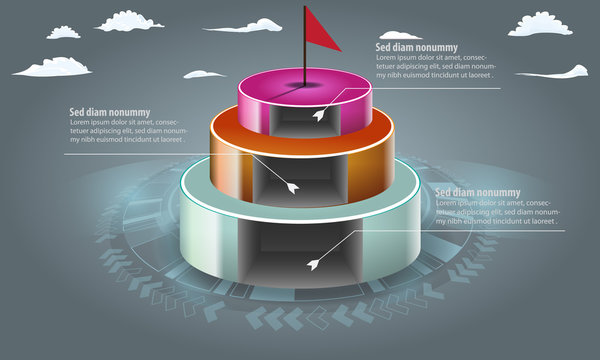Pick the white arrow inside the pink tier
click(x=320, y=116)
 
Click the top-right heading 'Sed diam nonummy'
click(x=416, y=46)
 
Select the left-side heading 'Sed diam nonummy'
click(x=109, y=112)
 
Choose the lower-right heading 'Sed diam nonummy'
click(x=478, y=192)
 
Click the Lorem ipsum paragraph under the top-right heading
click(x=437, y=65)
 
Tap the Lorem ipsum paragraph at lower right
click(x=497, y=212)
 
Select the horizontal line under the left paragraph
click(x=130, y=154)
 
